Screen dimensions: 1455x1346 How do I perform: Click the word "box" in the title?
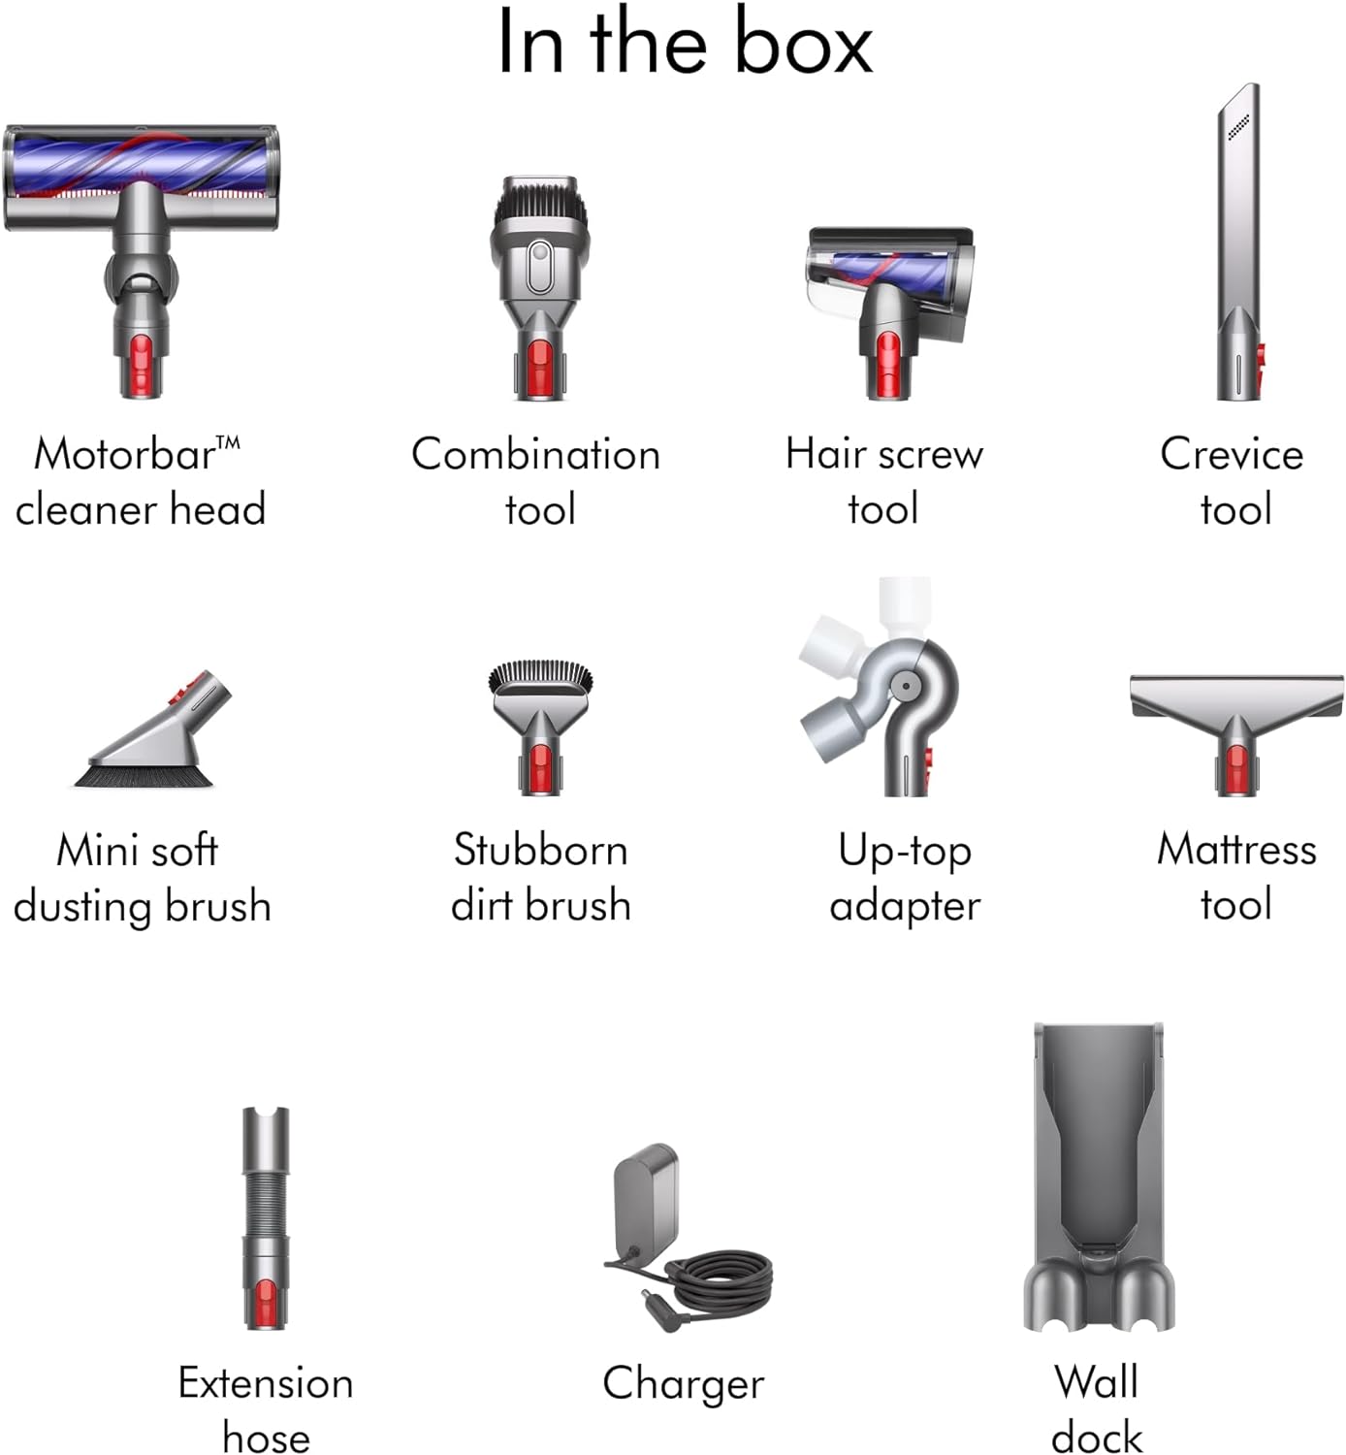[x=803, y=44]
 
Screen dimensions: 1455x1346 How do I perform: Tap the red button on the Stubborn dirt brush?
[x=539, y=767]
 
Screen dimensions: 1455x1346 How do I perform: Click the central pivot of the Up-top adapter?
[x=904, y=685]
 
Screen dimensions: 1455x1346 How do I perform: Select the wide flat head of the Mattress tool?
[x=1236, y=695]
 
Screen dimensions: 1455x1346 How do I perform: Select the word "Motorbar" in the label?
[x=124, y=454]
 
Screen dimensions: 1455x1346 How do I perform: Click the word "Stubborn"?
[x=540, y=851]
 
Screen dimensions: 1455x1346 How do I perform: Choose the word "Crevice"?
[x=1232, y=454]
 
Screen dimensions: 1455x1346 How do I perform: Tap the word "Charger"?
[x=683, y=1384]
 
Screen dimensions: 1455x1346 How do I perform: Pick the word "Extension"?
[x=266, y=1383]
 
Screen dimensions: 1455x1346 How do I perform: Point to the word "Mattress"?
[x=1236, y=850]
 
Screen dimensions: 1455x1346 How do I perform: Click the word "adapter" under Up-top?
[x=905, y=906]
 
